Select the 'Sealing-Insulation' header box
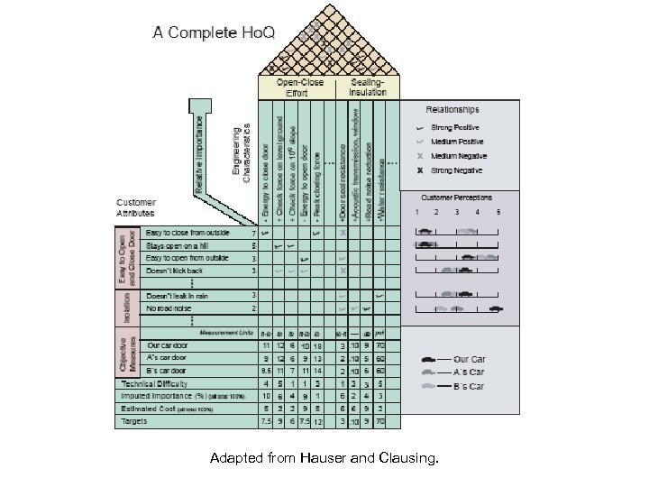coord(368,87)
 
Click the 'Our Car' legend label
coord(469,359)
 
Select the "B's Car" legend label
coord(469,386)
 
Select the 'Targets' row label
coord(137,421)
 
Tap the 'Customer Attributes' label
coord(135,208)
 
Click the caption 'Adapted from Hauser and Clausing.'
coord(324,460)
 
